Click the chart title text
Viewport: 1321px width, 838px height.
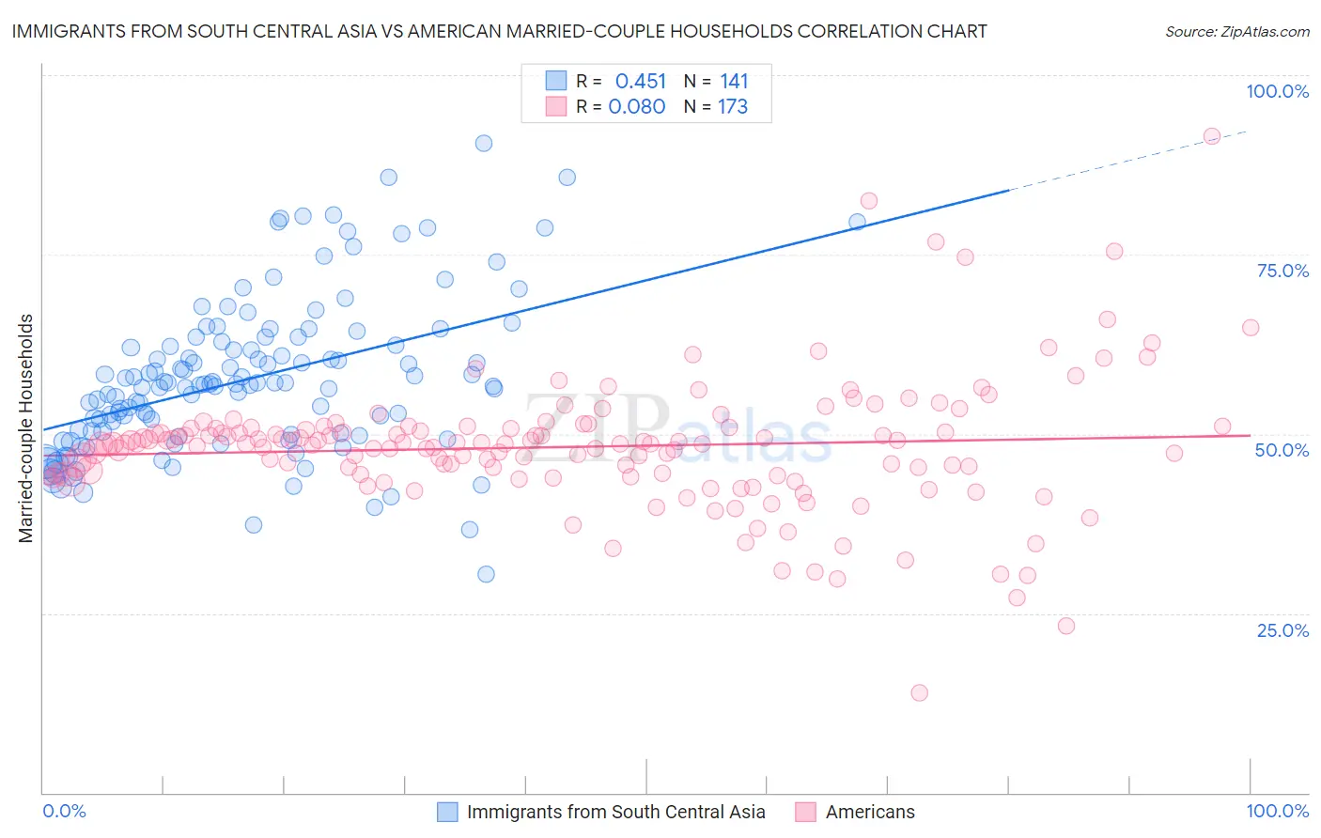click(499, 31)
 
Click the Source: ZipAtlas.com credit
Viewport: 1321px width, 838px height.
click(1236, 31)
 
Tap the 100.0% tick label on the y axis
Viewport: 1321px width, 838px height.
click(1277, 91)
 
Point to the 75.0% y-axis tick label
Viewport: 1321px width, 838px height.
click(1282, 271)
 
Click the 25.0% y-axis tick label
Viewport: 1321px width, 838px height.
click(1282, 630)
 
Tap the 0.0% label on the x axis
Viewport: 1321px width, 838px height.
click(64, 811)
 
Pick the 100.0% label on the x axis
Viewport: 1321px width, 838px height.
click(1277, 811)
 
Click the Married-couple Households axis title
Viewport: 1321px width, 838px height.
click(26, 428)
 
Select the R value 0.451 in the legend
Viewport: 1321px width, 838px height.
click(640, 81)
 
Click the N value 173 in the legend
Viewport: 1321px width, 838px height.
click(733, 107)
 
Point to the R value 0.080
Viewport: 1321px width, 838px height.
click(637, 107)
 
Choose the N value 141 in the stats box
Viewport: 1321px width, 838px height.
click(734, 81)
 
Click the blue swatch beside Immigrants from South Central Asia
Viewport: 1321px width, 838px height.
click(447, 812)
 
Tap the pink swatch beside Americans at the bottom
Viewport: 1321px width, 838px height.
click(805, 812)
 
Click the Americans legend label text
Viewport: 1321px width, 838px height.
click(870, 812)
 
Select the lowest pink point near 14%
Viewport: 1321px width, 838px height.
click(919, 692)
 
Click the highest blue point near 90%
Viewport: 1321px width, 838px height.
click(483, 144)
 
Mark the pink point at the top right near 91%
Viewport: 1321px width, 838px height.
click(1212, 136)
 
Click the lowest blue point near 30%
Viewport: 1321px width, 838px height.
click(486, 574)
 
